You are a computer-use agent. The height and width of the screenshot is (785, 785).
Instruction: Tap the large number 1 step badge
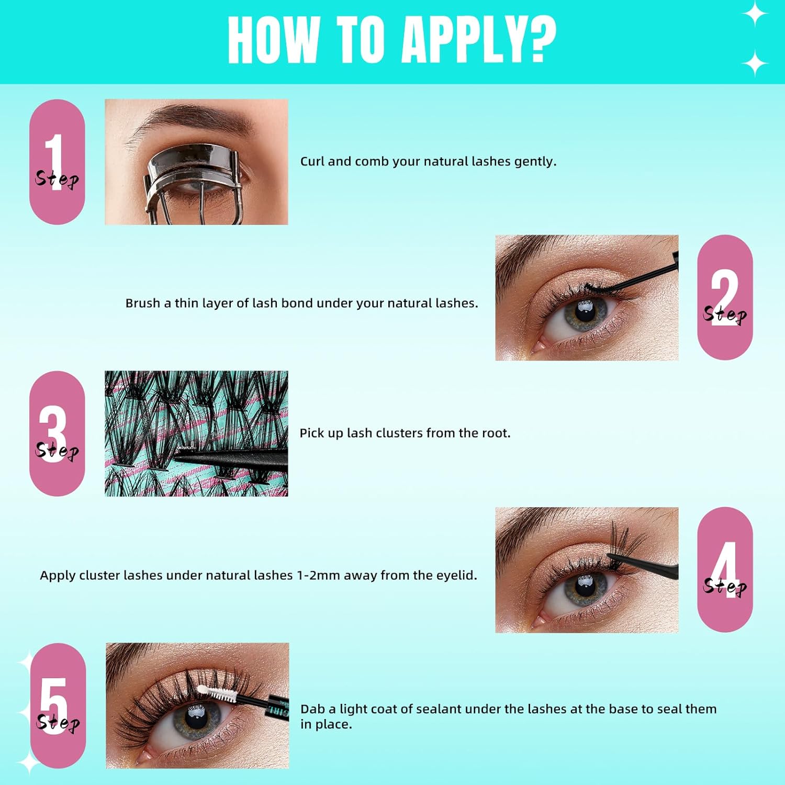point(57,162)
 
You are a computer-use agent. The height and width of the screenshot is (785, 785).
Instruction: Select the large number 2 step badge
point(725,297)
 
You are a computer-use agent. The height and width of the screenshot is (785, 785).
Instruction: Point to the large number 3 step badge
point(57,433)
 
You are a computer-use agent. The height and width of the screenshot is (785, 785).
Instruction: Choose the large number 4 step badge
point(725,569)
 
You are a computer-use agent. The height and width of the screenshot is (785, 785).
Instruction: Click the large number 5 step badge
point(58,705)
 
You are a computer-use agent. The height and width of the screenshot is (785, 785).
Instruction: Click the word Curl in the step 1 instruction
point(312,161)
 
